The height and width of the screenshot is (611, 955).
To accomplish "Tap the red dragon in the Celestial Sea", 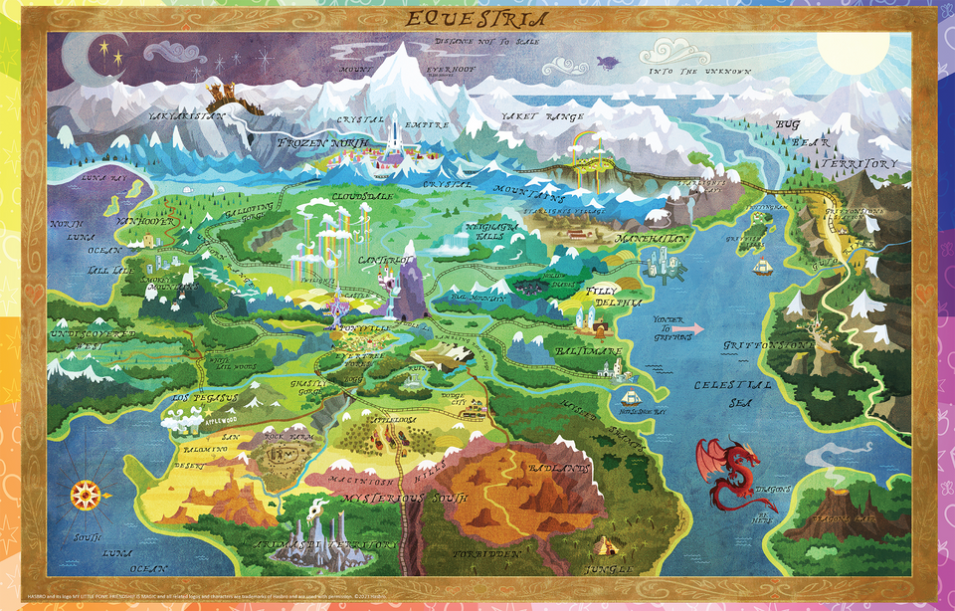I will [728, 473].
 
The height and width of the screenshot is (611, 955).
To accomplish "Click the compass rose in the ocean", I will [85, 493].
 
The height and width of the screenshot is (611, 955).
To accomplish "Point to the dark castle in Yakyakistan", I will [226, 96].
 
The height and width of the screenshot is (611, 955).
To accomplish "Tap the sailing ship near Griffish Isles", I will [763, 267].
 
